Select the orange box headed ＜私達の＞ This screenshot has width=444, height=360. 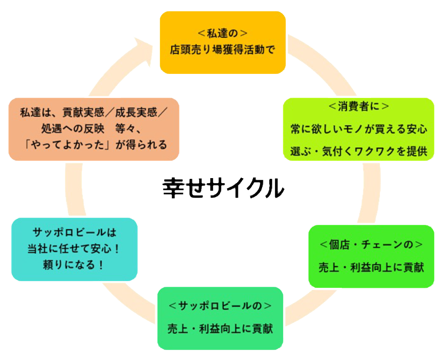tap(222, 42)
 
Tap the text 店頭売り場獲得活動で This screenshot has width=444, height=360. tap(222, 50)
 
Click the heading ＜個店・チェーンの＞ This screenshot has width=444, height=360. tap(371, 245)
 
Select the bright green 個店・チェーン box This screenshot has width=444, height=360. tap(371, 256)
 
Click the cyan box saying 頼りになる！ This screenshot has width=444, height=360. tap(74, 249)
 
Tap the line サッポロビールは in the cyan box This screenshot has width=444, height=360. tap(74, 233)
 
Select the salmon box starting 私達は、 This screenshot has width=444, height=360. tap(94, 129)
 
